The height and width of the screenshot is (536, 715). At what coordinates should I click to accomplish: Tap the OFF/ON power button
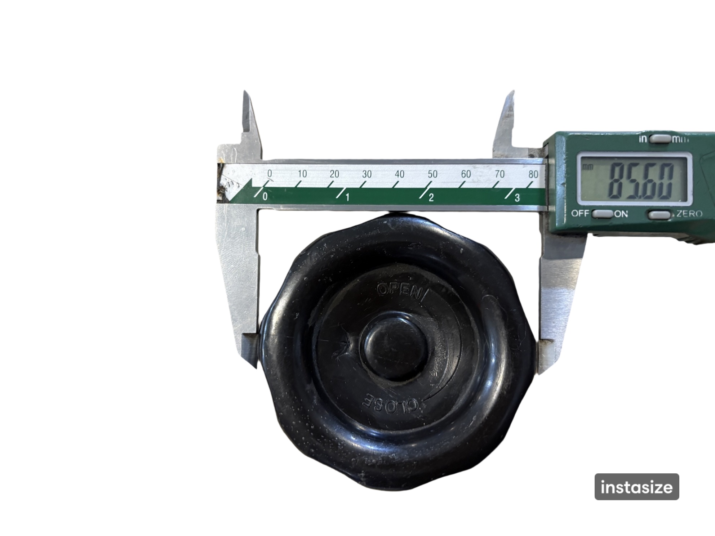pos(603,214)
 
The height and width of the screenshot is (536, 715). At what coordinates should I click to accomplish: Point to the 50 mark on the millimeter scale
pos(432,174)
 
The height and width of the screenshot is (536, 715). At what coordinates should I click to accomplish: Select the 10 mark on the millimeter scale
pos(302,174)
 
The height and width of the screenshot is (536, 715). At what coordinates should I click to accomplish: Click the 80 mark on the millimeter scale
pos(533,174)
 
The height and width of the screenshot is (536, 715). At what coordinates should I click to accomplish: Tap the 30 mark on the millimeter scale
pos(367,174)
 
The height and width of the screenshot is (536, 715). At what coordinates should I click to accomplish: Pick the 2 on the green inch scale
pos(431,197)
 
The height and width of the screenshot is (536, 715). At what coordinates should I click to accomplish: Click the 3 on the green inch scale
pos(517,198)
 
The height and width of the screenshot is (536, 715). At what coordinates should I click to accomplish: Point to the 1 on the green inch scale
pos(347,197)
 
